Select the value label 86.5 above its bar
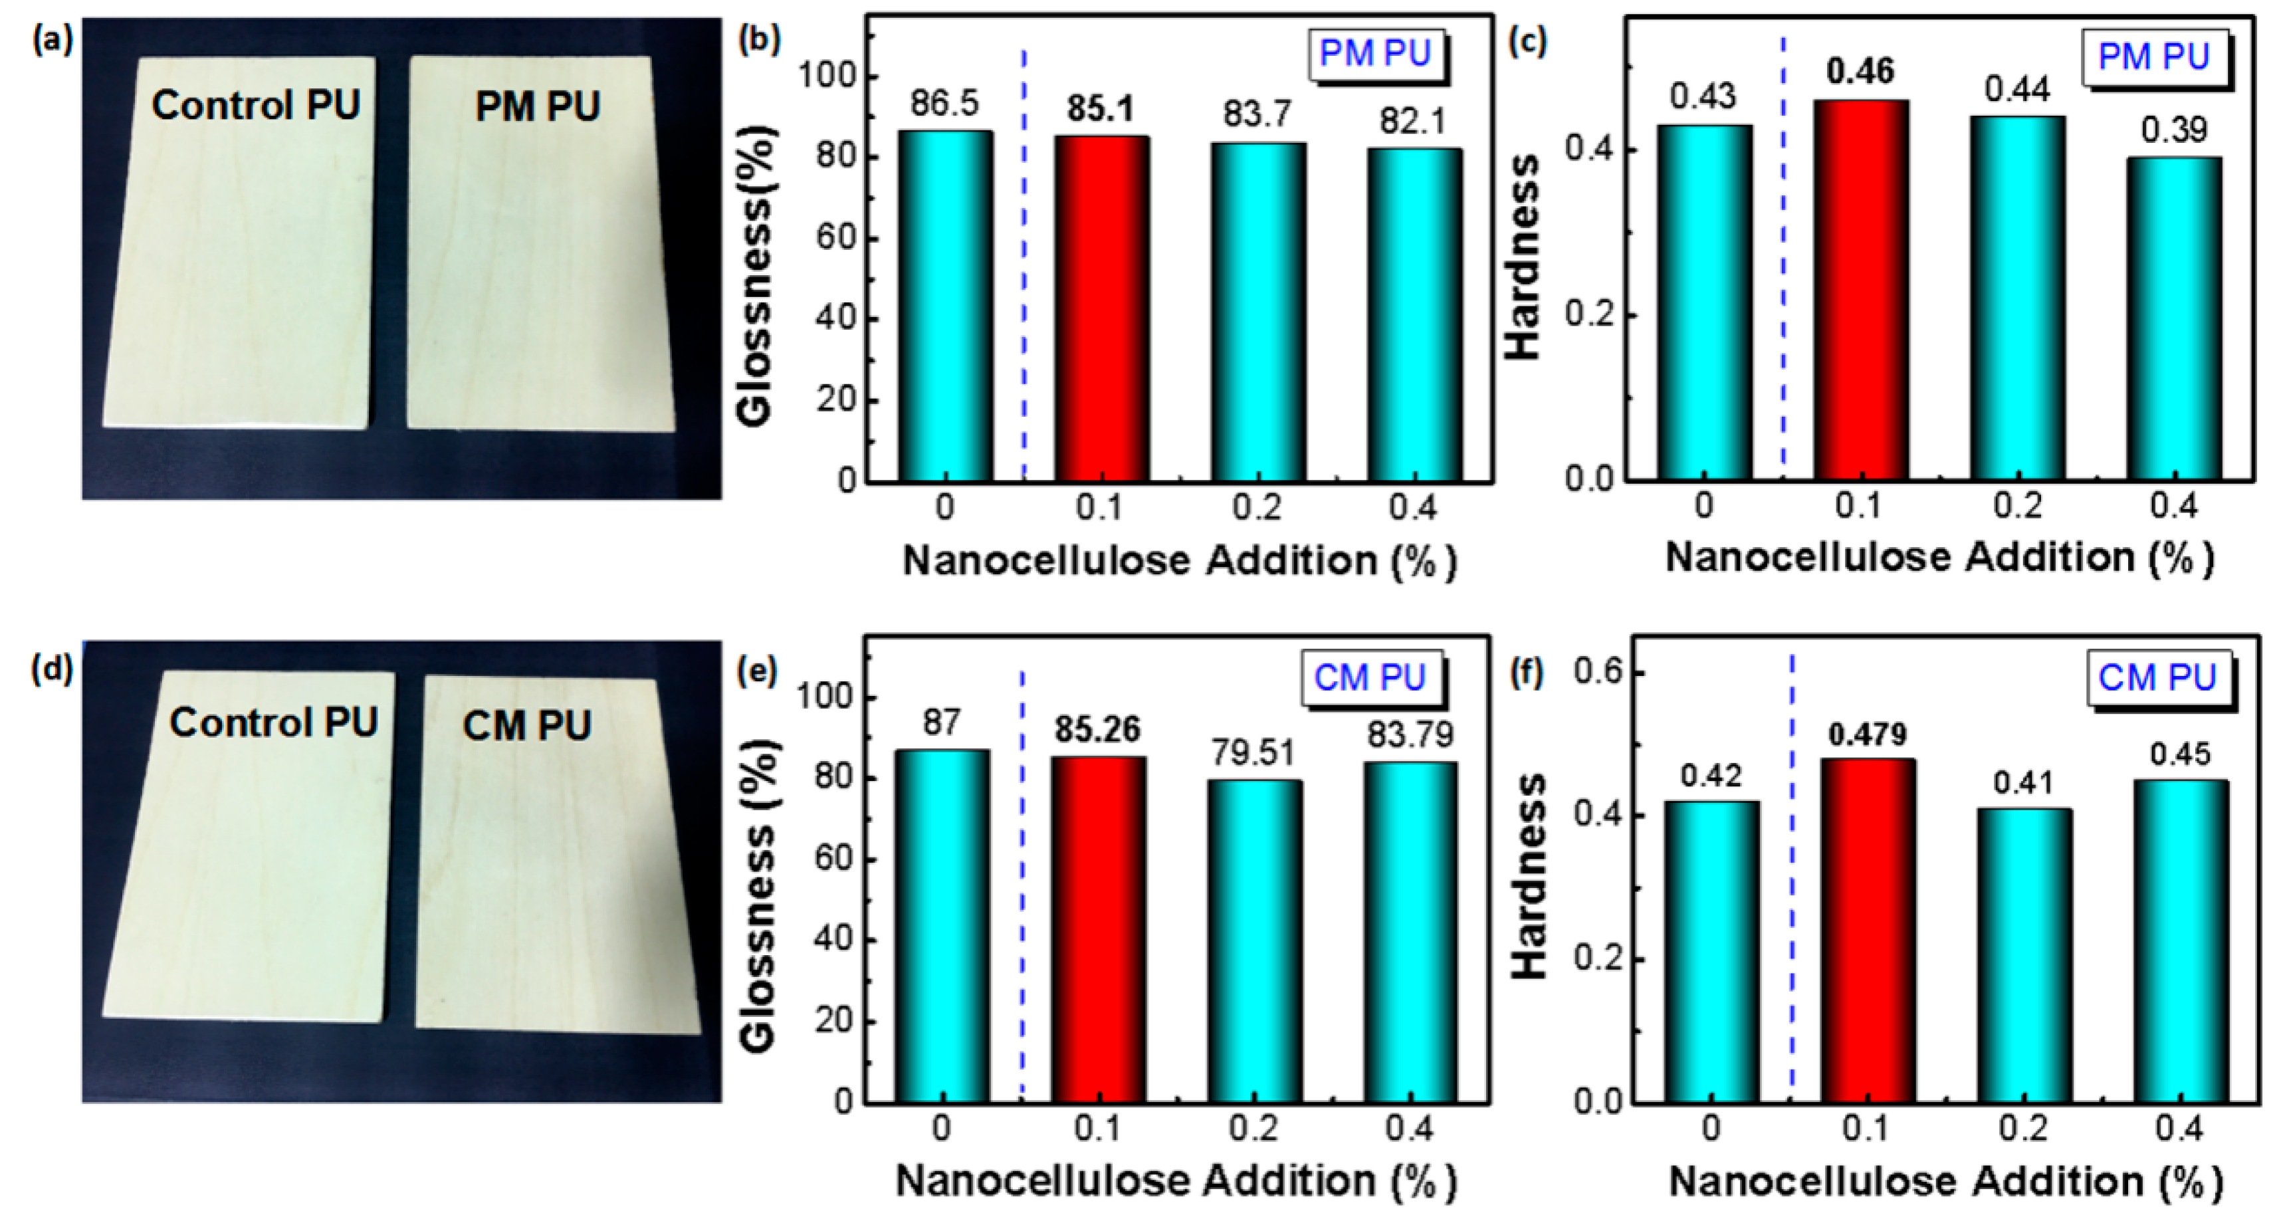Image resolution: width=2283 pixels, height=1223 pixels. pos(944,104)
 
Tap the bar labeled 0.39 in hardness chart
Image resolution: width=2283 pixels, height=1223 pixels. pos(2173,319)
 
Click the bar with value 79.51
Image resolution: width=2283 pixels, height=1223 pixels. pos(1254,939)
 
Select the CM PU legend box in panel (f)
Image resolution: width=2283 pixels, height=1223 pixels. pos(2157,678)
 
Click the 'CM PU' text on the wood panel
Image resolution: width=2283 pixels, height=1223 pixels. pos(527,726)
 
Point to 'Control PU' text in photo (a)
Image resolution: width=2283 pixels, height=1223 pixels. pos(255,106)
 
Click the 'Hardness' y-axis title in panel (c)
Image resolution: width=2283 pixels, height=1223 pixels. pos(1525,257)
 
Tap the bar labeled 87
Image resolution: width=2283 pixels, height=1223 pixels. pos(941,925)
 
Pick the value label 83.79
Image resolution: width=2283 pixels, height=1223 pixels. pos(1410,734)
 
